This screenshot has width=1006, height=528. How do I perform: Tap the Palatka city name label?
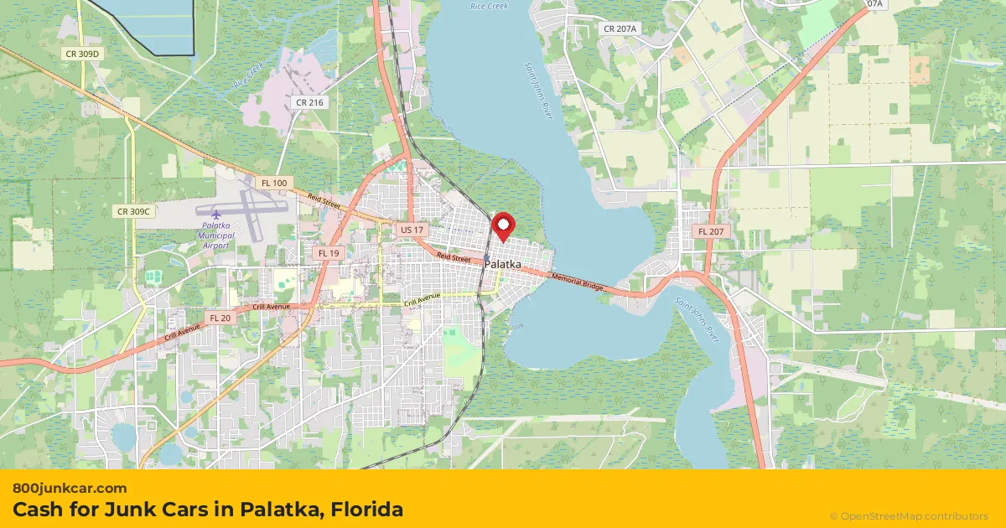pyautogui.click(x=502, y=264)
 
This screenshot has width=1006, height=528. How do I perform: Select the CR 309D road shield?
pyautogui.click(x=82, y=54)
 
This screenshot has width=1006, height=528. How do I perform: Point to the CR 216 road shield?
pyautogui.click(x=309, y=102)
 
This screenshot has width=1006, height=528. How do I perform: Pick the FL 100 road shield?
pyautogui.click(x=273, y=183)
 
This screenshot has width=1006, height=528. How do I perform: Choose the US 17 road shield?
pyautogui.click(x=412, y=229)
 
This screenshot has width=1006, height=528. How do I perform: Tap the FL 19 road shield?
pyautogui.click(x=328, y=252)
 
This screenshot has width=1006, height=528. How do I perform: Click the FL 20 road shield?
pyautogui.click(x=220, y=318)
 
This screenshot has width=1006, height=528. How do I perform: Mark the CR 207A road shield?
pyautogui.click(x=620, y=28)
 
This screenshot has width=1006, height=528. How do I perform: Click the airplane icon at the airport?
pyautogui.click(x=215, y=213)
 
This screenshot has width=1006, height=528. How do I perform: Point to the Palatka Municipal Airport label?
pyautogui.click(x=215, y=236)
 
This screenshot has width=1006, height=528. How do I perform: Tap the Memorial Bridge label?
pyautogui.click(x=578, y=281)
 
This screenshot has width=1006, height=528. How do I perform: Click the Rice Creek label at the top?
pyautogui.click(x=489, y=6)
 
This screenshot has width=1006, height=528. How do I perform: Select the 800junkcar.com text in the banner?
pyautogui.click(x=70, y=488)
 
